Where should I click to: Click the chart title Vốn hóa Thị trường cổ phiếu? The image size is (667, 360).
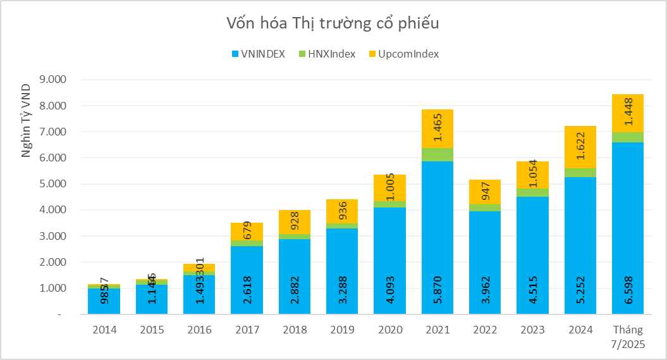(x=333, y=23)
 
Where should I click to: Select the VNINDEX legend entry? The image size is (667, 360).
(x=259, y=54)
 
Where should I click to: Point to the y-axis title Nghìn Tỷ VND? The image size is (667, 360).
(x=26, y=120)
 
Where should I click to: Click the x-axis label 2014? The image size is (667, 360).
(x=104, y=330)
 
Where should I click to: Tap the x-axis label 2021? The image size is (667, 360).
(x=438, y=330)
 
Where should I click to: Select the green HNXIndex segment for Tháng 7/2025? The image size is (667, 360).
(x=628, y=137)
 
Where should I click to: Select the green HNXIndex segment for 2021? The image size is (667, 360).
(x=438, y=154)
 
